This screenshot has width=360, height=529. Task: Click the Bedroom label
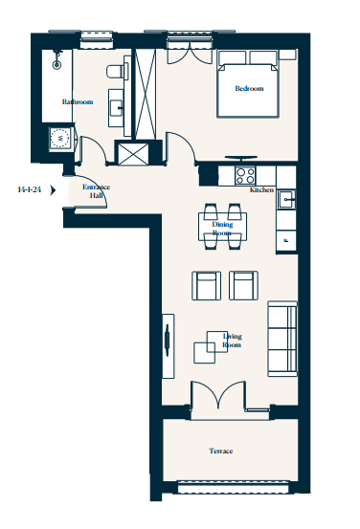(249, 88)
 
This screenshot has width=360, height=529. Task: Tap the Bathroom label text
(78, 101)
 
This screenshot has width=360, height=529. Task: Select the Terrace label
(221, 451)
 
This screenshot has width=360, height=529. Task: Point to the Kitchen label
(261, 189)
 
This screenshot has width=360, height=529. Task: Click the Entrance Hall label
(97, 191)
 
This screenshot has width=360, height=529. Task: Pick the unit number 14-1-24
(30, 189)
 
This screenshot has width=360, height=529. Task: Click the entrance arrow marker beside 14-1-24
(53, 190)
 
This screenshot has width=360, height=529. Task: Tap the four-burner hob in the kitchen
(245, 175)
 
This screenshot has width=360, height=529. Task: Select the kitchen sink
(286, 199)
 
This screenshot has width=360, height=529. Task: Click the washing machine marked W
(60, 138)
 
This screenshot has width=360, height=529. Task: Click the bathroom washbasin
(117, 108)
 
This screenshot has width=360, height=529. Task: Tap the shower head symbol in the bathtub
(56, 60)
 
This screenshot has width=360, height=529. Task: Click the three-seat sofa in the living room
(282, 339)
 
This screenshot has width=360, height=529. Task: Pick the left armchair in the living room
(207, 285)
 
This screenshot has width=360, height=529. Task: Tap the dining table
(222, 227)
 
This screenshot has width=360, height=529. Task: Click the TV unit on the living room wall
(169, 346)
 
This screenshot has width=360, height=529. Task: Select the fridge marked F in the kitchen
(286, 240)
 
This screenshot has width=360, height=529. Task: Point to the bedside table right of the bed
(288, 55)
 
